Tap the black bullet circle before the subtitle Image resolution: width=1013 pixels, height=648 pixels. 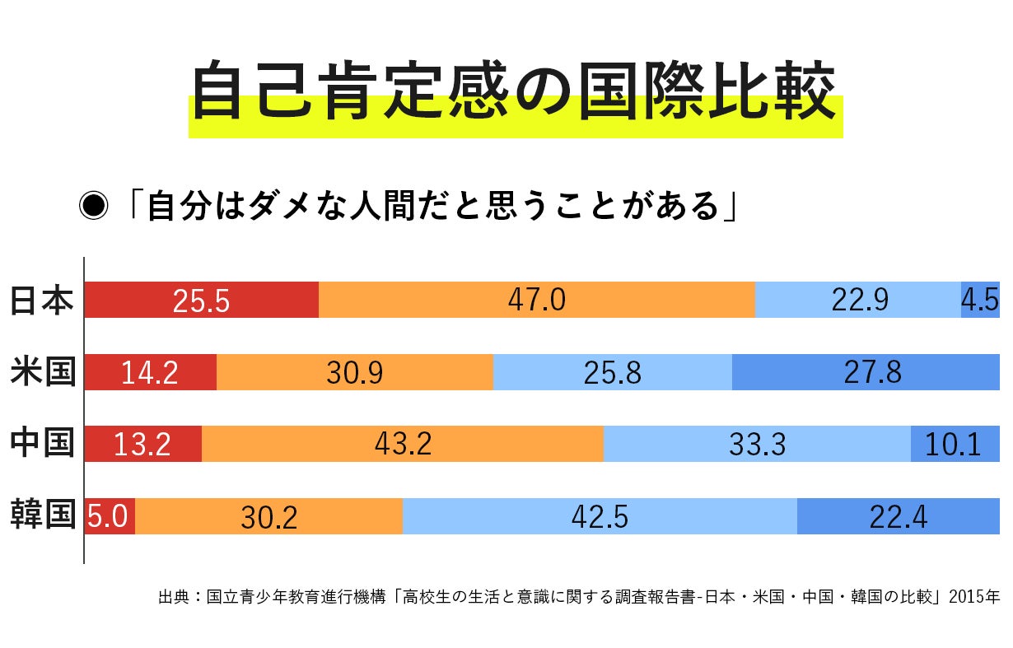(93, 207)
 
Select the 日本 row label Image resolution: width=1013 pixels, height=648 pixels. (41, 300)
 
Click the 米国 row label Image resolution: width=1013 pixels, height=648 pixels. (41, 371)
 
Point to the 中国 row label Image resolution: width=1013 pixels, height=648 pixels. (41, 444)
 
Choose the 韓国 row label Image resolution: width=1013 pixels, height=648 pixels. (41, 516)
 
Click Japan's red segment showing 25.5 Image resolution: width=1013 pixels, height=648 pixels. (201, 300)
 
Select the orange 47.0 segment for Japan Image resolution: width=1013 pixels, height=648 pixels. (536, 300)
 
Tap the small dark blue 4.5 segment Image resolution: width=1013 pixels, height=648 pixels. (980, 300)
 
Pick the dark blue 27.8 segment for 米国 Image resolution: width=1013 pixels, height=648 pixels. (865, 372)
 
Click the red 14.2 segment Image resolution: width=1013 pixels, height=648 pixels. (150, 372)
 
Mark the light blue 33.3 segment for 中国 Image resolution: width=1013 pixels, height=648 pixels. (757, 445)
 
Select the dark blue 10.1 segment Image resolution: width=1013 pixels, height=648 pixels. (955, 445)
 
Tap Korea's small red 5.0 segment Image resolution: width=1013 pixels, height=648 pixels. (109, 517)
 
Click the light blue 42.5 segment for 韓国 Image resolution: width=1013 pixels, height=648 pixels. (599, 517)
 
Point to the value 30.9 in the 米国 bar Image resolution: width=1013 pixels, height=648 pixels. (354, 373)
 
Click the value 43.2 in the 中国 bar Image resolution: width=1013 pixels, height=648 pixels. (403, 445)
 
